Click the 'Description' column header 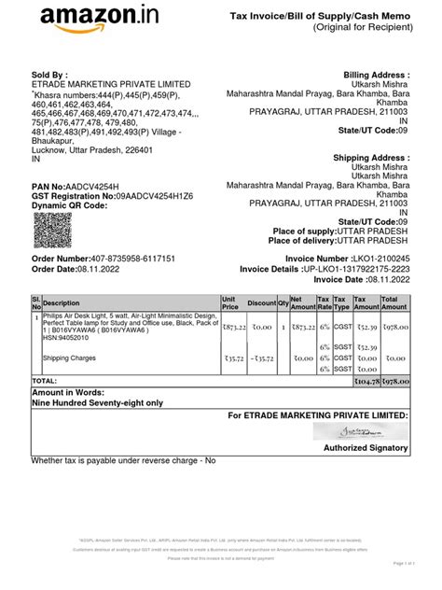tap(62, 303)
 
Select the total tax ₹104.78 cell tap(366, 382)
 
